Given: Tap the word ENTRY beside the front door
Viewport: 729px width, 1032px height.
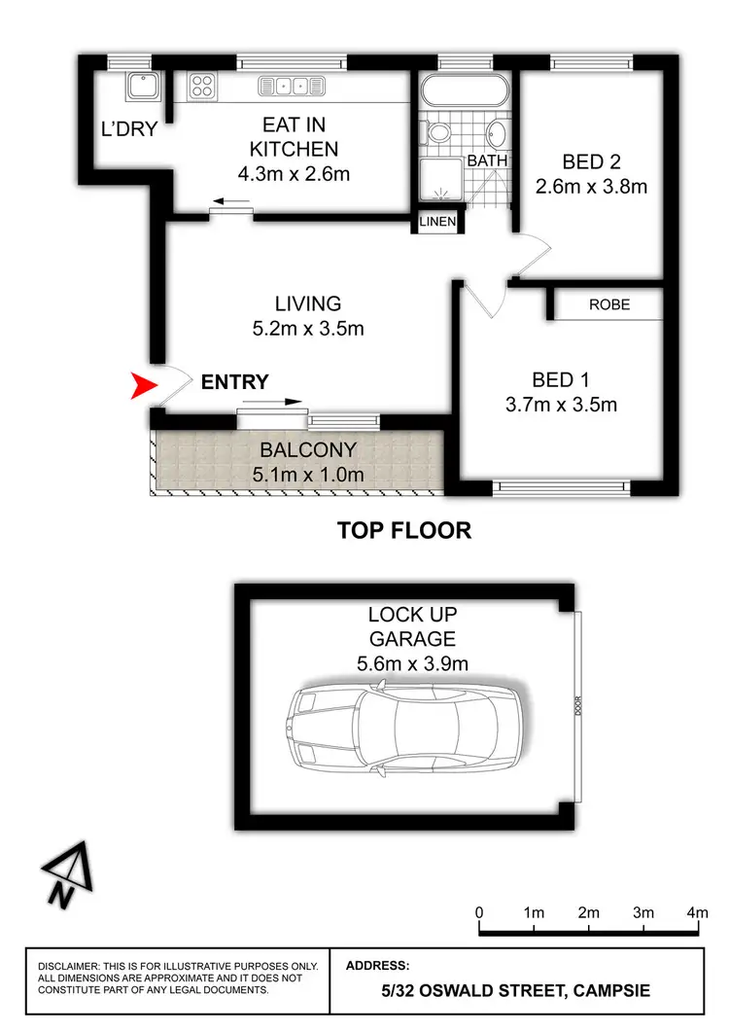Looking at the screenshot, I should [234, 382].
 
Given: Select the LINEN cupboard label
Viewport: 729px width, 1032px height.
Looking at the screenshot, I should [437, 222].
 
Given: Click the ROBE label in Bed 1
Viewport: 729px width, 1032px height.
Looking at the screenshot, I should [609, 304].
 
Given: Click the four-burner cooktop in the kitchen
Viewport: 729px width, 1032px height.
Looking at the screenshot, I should [202, 85].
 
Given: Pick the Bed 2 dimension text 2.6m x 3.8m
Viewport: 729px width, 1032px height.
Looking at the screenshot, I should [591, 186].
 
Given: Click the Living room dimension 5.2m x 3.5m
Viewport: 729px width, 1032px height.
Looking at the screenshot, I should [307, 328].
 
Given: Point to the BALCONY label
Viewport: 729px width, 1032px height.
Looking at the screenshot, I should [308, 450].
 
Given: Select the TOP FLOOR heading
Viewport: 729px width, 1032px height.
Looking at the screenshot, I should [404, 530].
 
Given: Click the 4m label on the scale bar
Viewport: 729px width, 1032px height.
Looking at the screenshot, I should [697, 912].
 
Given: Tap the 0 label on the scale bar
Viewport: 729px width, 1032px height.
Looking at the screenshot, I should [479, 912].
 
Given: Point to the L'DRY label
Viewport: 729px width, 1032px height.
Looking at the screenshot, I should [129, 128].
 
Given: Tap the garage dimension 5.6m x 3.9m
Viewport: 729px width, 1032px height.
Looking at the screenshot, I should [412, 664].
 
